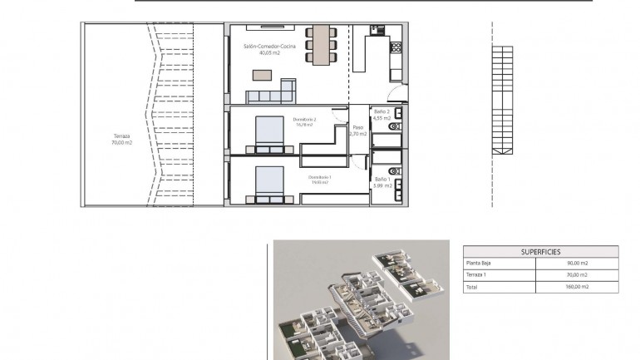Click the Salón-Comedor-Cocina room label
(268, 47)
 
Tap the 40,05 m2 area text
(268, 53)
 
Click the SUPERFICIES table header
(540, 250)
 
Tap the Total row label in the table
(473, 286)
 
